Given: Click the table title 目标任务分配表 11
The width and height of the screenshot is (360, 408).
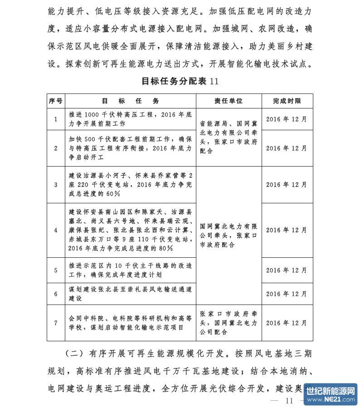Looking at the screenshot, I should tap(180, 81).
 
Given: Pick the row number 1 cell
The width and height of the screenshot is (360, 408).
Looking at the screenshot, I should tap(55, 119).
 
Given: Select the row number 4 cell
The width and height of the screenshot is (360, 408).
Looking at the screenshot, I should tap(55, 230).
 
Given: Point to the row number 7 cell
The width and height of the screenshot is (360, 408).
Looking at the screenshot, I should tap(55, 323).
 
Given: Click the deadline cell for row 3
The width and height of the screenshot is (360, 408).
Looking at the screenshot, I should tap(287, 185).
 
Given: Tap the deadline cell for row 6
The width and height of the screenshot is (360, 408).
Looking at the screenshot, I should tap(287, 294).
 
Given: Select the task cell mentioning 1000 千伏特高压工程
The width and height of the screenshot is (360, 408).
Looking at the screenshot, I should tap(130, 119).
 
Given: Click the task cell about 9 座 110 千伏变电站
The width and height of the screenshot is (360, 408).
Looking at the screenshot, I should tap(130, 230).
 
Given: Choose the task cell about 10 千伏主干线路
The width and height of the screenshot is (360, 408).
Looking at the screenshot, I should tap(130, 270).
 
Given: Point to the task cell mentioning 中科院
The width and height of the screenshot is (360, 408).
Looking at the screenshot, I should tap(130, 323).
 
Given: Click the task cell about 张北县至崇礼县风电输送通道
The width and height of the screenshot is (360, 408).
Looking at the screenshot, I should tap(130, 294).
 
